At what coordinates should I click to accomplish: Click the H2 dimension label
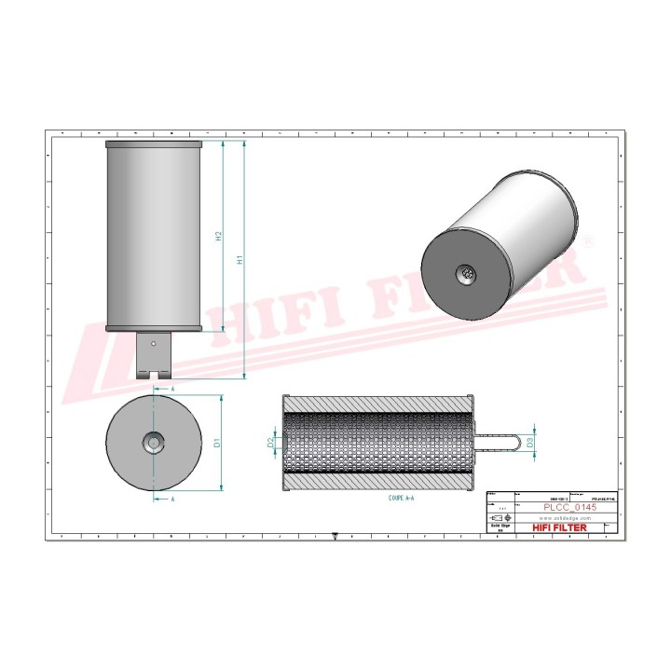(x=218, y=236)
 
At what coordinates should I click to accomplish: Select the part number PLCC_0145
(x=571, y=507)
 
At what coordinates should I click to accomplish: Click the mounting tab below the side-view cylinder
(x=154, y=355)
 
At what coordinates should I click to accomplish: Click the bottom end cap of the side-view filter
(x=154, y=328)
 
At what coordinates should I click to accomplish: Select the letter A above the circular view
(x=172, y=385)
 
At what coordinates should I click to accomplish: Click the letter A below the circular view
(x=172, y=499)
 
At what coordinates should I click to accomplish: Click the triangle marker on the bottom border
(x=335, y=536)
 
